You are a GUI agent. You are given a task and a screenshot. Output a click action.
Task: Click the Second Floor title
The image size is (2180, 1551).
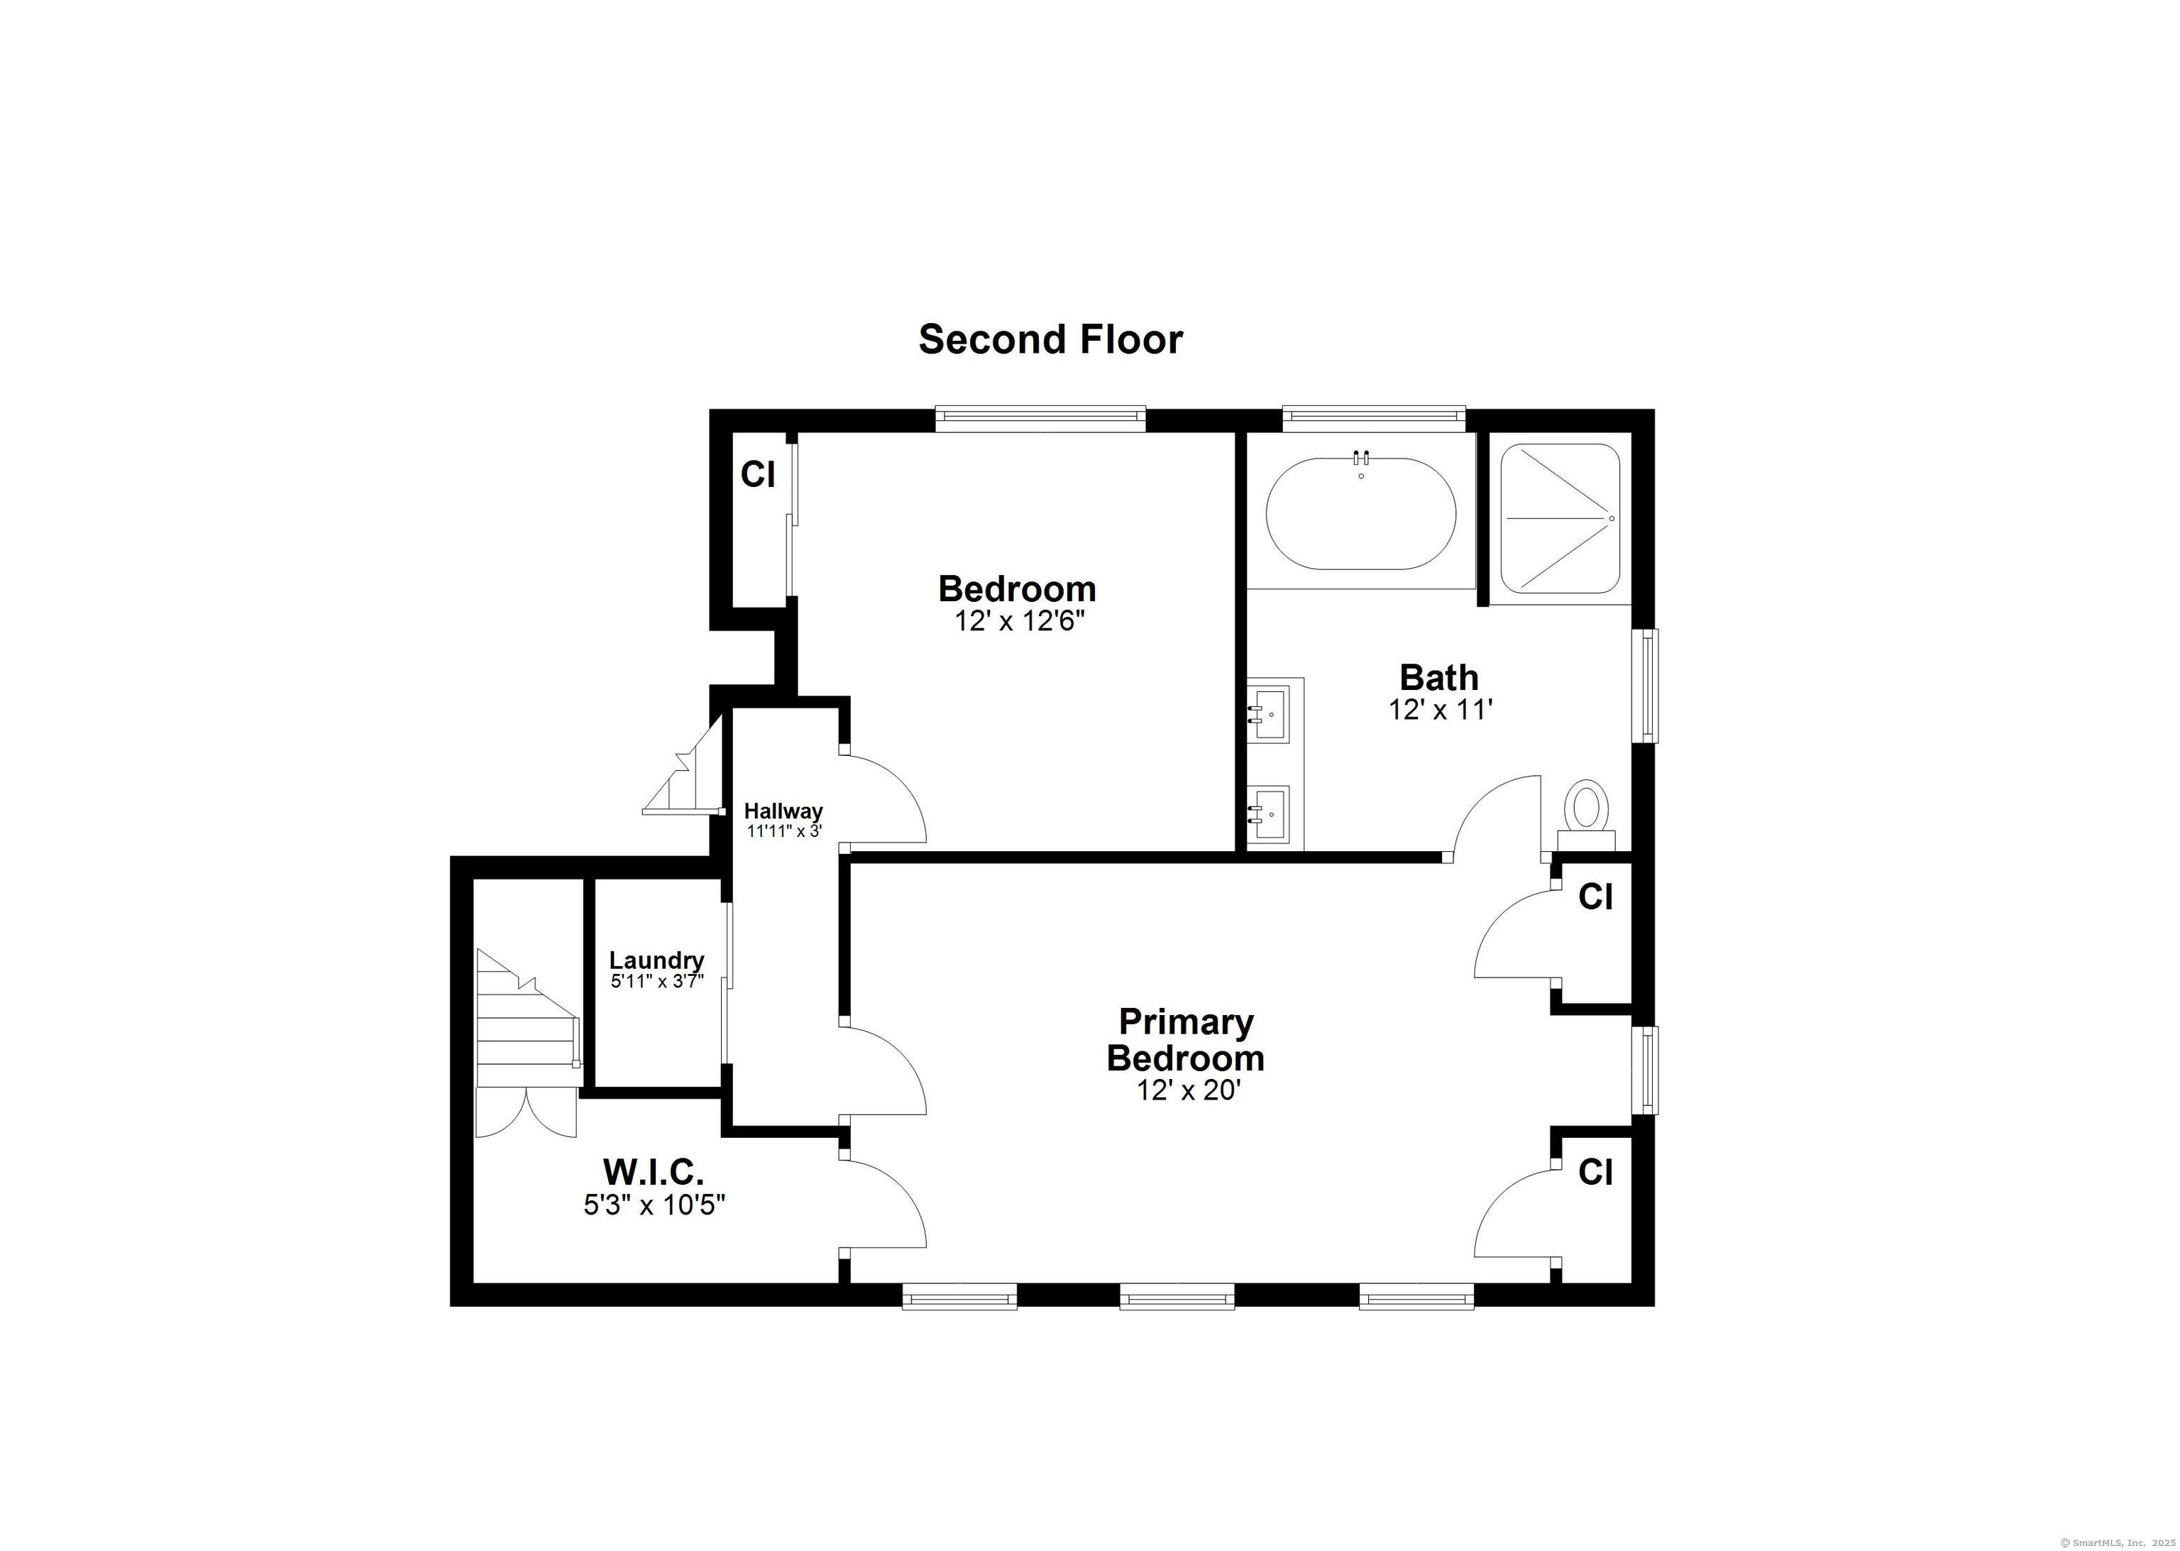1050,339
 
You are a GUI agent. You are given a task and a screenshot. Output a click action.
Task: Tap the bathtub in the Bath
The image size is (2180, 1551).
1360,514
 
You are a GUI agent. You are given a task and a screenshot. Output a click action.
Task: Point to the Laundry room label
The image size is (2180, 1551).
657,960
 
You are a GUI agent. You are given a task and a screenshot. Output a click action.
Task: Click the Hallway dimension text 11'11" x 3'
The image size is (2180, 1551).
784,831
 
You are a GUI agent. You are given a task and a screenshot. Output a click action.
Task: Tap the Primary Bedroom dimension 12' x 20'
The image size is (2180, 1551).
1188,1090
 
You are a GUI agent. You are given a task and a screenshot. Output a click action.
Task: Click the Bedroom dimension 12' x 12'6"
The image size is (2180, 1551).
1020,621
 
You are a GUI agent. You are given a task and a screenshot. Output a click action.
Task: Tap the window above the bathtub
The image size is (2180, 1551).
1373,415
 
